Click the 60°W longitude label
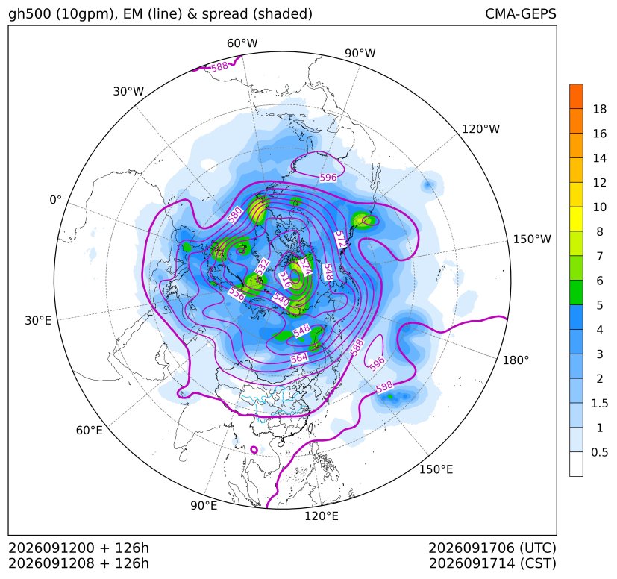[x=242, y=43]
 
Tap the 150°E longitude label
[x=436, y=469]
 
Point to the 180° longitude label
[x=516, y=360]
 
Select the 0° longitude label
[x=55, y=200]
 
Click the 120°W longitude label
[x=480, y=129]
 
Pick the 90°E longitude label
[x=204, y=505]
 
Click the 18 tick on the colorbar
[x=600, y=109]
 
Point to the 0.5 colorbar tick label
[x=599, y=452]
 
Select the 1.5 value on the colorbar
[x=599, y=403]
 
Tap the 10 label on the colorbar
[x=600, y=207]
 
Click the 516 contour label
[x=285, y=280]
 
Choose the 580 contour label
[x=235, y=216]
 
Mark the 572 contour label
[x=340, y=240]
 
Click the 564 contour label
[x=299, y=358]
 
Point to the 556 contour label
[x=237, y=293]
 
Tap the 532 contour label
[x=262, y=266]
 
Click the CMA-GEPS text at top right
[x=521, y=13]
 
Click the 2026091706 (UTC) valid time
[x=492, y=548]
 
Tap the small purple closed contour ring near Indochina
[x=254, y=449]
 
